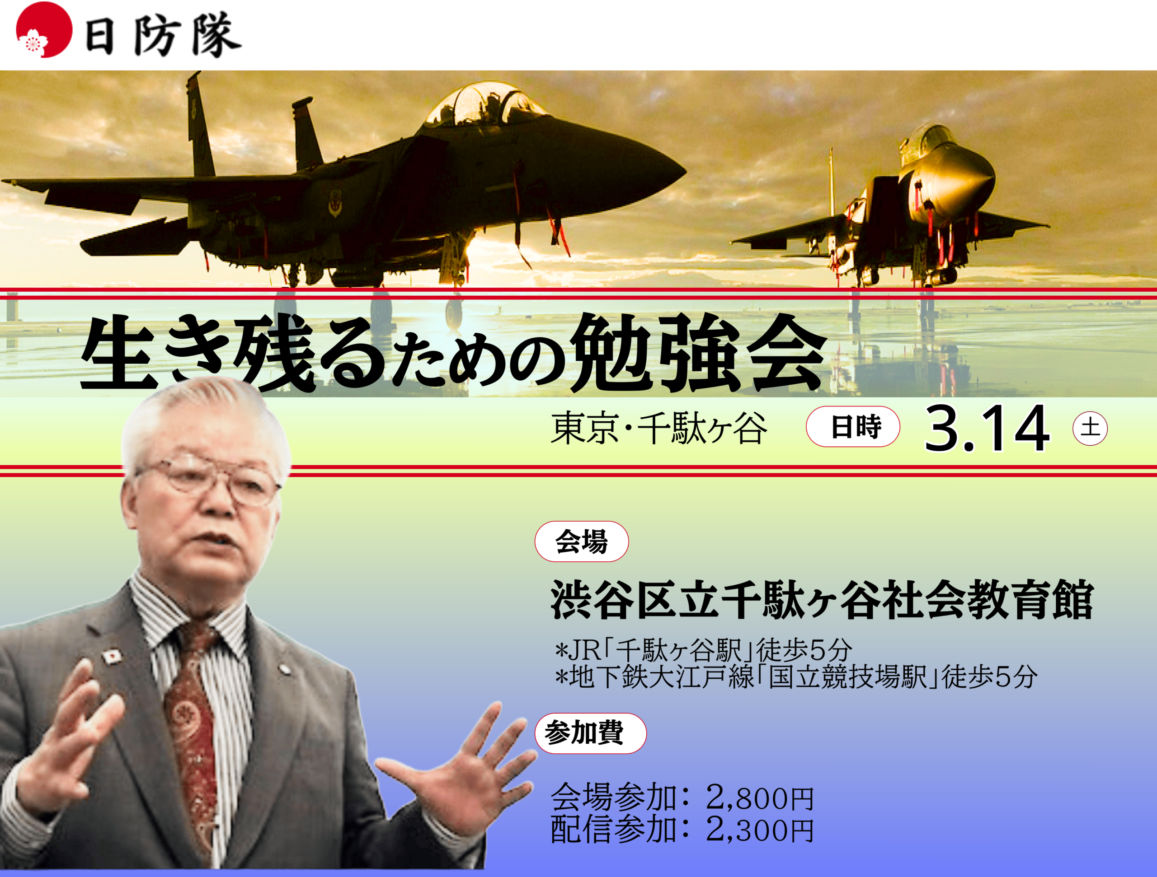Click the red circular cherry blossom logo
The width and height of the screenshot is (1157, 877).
pyautogui.click(x=44, y=30)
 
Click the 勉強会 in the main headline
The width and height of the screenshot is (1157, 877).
pyautogui.click(x=699, y=353)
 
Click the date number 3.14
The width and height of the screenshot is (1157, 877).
pyautogui.click(x=987, y=428)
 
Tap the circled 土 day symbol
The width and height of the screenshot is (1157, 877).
pyautogui.click(x=1090, y=428)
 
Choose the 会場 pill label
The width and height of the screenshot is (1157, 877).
pyautogui.click(x=581, y=541)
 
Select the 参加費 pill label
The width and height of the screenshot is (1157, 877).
pyautogui.click(x=590, y=733)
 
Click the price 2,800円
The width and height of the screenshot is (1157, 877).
pyautogui.click(x=759, y=798)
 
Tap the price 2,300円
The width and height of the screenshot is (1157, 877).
pyautogui.click(x=759, y=830)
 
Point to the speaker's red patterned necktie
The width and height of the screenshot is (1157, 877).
pyautogui.click(x=193, y=732)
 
